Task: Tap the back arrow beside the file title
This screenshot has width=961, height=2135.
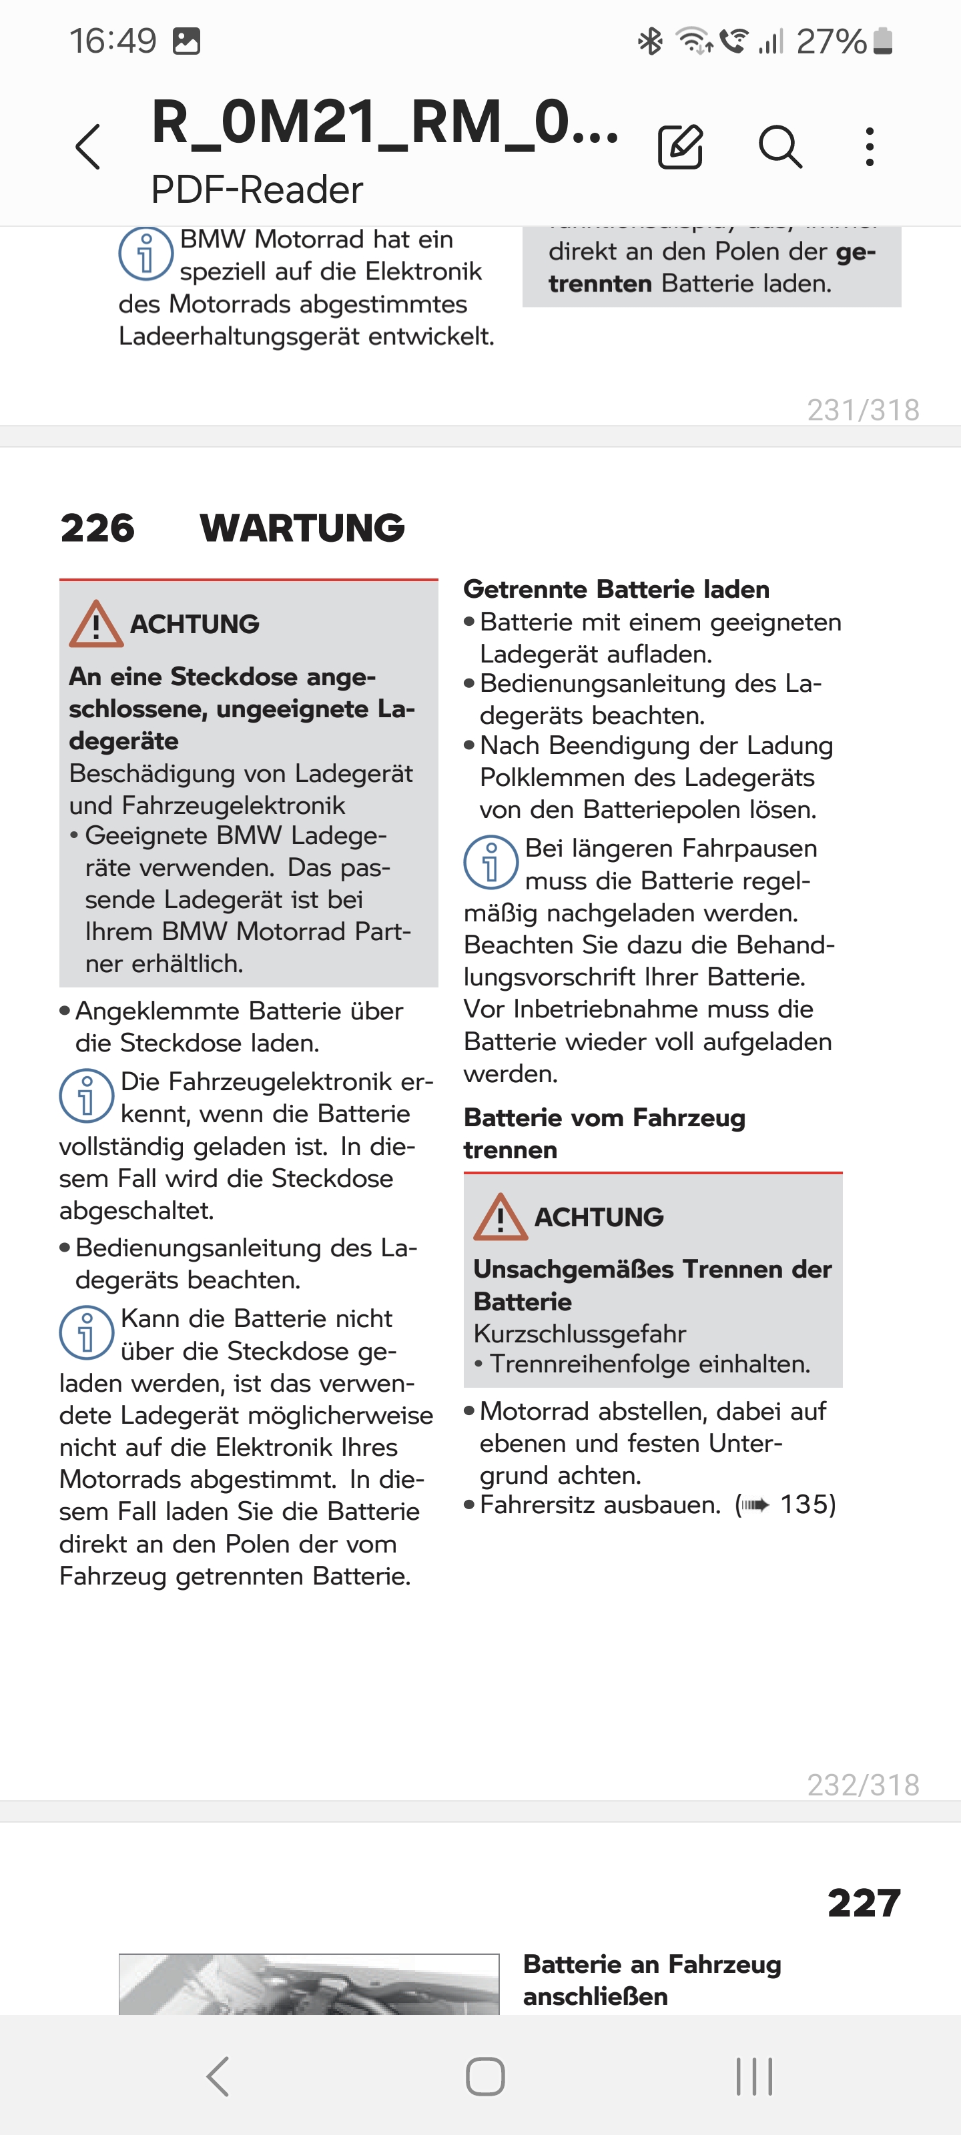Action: coord(88,147)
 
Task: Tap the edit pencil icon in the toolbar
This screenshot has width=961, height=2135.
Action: coord(680,147)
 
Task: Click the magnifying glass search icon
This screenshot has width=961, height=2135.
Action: coord(779,147)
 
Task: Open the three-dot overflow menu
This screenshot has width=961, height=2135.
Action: coord(869,147)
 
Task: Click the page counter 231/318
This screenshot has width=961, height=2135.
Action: coord(862,410)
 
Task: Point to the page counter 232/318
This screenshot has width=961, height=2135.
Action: coord(862,1785)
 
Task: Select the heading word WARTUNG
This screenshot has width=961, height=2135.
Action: coord(302,528)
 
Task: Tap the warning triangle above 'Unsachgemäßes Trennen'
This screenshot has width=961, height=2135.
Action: coord(500,1218)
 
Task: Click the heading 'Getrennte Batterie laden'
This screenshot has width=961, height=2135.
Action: coord(616,589)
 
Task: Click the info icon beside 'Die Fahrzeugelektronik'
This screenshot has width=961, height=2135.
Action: coord(86,1096)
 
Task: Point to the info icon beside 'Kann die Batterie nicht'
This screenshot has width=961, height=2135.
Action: coord(86,1333)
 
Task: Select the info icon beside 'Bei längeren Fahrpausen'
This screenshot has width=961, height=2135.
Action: coord(491,862)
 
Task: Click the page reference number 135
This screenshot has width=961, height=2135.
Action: coord(806,1505)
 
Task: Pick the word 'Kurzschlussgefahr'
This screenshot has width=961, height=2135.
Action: coord(579,1334)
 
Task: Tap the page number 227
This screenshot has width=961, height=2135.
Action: coord(863,1903)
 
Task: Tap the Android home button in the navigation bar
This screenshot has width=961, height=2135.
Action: coord(485,2076)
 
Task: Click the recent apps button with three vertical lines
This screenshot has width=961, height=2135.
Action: coord(753,2076)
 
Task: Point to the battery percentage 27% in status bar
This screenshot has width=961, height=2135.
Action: coord(831,41)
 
